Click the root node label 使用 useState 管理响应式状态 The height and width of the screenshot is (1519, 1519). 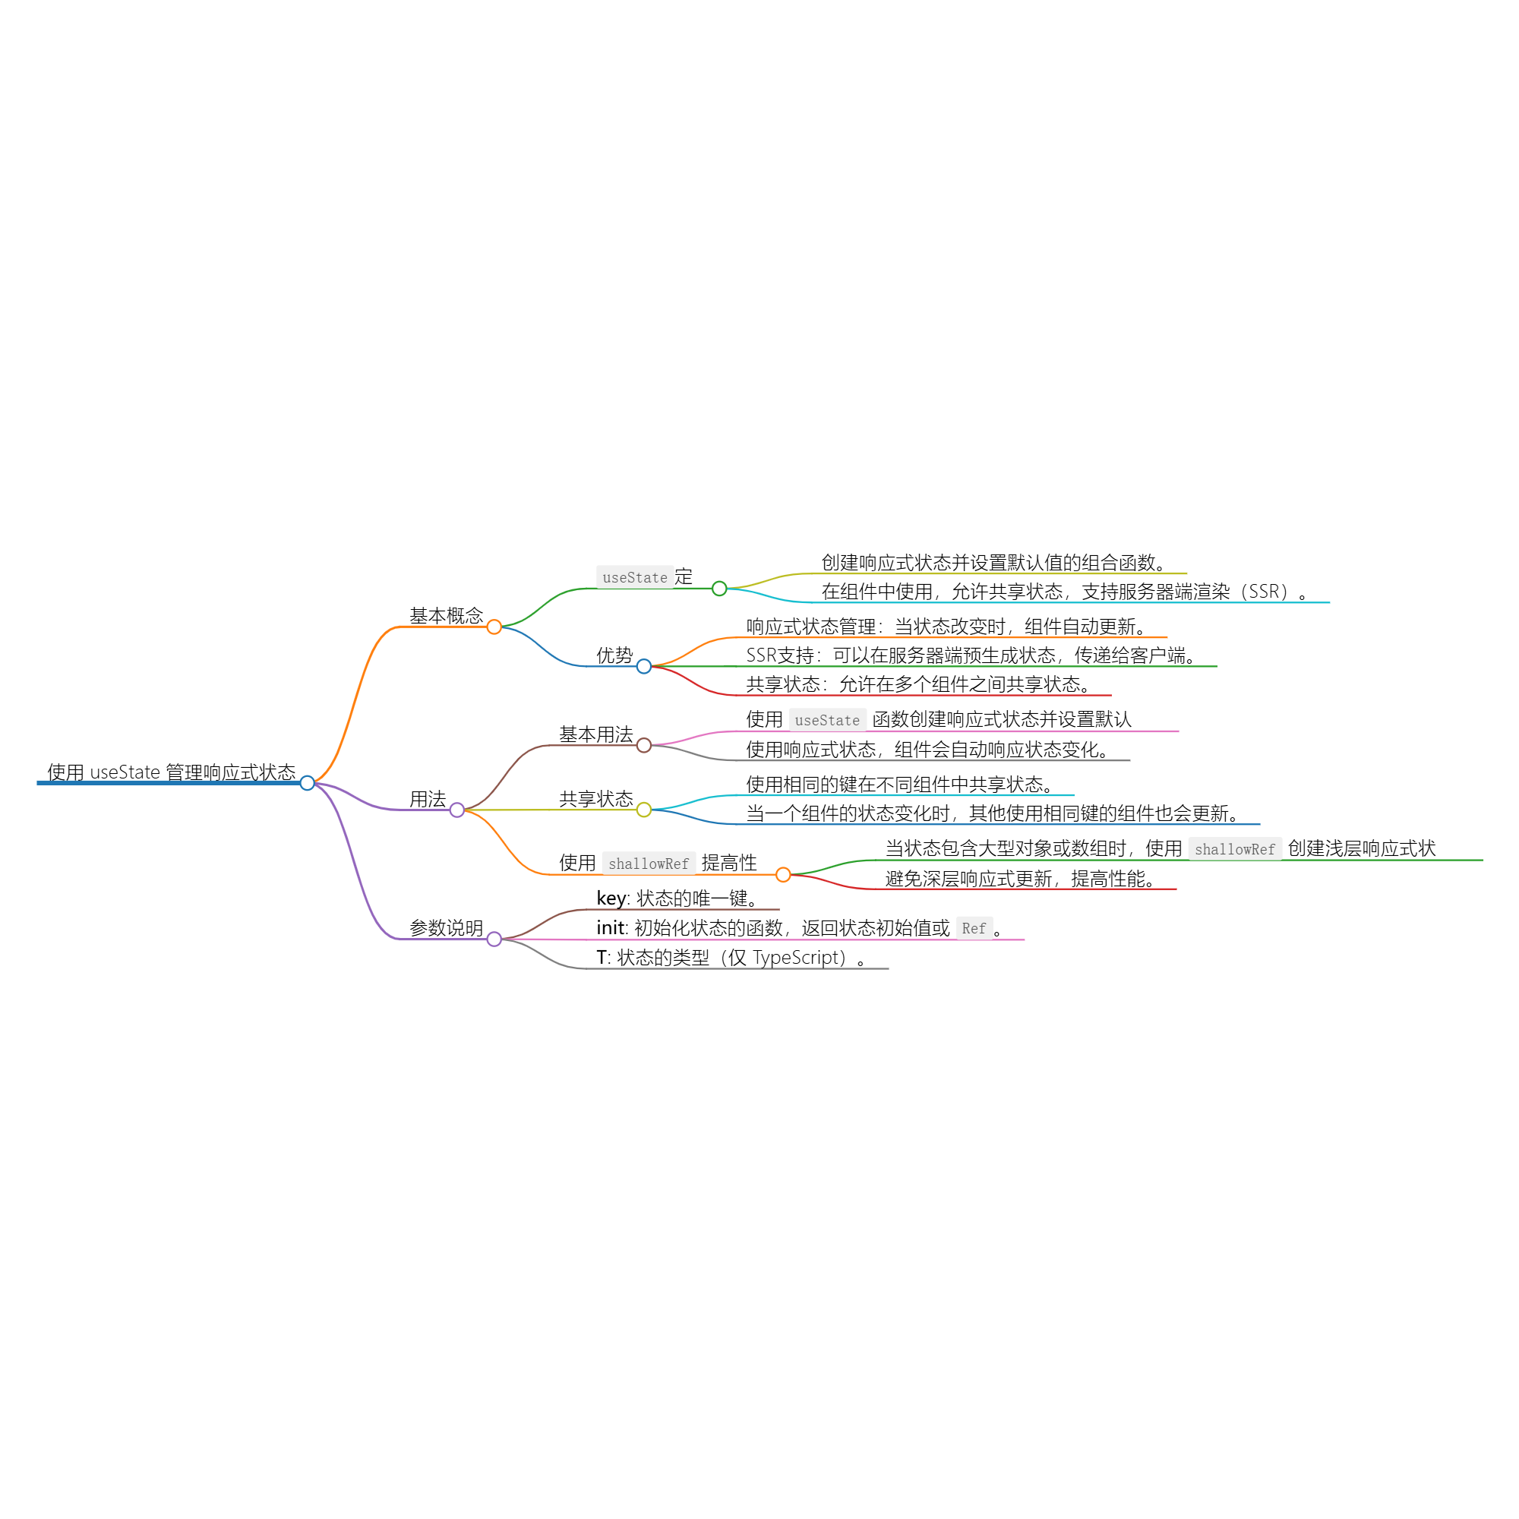pyautogui.click(x=172, y=772)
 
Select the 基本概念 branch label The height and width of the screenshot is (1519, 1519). pyautogui.click(x=446, y=616)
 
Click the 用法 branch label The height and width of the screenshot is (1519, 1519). pyautogui.click(x=428, y=799)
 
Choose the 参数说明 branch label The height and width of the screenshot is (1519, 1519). pyautogui.click(x=446, y=928)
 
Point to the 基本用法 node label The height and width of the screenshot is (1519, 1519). pyautogui.click(x=596, y=734)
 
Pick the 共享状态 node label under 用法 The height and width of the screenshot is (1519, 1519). pyautogui.click(x=596, y=799)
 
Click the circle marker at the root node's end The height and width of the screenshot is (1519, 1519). pyautogui.click(x=308, y=783)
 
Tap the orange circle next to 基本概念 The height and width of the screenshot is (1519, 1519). pyautogui.click(x=494, y=627)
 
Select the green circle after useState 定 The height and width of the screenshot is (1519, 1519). pyautogui.click(x=719, y=588)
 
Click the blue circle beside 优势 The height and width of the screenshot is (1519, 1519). pyautogui.click(x=644, y=667)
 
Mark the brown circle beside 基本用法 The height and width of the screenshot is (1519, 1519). pyautogui.click(x=644, y=745)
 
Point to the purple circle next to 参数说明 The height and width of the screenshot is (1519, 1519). pyautogui.click(x=494, y=939)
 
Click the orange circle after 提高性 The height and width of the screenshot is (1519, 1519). pyautogui.click(x=783, y=874)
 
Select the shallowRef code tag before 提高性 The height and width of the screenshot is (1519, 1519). pyautogui.click(x=649, y=864)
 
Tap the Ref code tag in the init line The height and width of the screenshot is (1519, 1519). pyautogui.click(x=974, y=928)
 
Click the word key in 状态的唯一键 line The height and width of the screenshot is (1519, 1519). pyautogui.click(x=611, y=898)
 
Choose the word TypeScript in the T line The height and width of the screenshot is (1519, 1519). pyautogui.click(x=799, y=957)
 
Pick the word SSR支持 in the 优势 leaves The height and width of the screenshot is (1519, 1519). pyautogui.click(x=780, y=655)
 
